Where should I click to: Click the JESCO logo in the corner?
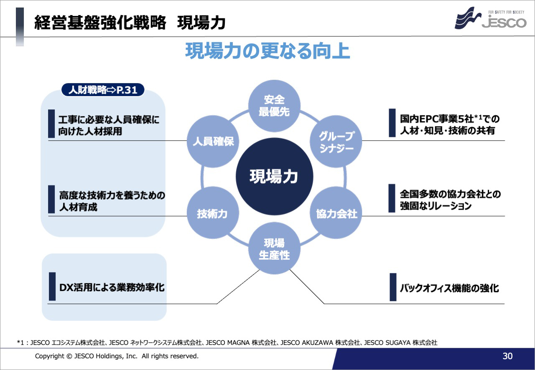point(491,18)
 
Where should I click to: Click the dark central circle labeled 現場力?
point(274,176)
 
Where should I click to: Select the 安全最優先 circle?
point(274,106)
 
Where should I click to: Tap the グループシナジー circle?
point(336,141)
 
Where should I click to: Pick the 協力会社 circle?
point(336,213)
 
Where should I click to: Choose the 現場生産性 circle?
point(274,248)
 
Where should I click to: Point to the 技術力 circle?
point(213,213)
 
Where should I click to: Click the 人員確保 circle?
point(213,141)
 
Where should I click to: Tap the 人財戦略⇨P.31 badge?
point(103,90)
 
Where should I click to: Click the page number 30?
point(507,356)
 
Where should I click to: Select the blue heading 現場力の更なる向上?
point(267,51)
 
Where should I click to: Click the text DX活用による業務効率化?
point(112,287)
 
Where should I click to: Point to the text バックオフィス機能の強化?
point(449,288)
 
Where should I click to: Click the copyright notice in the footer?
point(117,356)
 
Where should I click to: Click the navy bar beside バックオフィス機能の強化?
point(393,287)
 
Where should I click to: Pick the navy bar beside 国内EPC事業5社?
point(392,123)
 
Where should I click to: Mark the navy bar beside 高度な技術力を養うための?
point(51,199)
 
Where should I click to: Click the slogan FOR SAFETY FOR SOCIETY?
point(506,12)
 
